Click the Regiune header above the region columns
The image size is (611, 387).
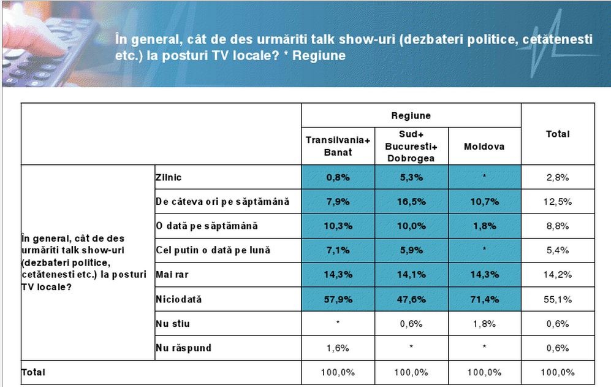pos(411,115)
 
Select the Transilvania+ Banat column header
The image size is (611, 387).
pos(338,146)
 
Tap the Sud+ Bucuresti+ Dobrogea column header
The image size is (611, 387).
pos(411,146)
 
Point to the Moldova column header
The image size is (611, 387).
pos(484,147)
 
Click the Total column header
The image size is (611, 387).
pos(558,134)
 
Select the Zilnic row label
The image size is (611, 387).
pos(169,177)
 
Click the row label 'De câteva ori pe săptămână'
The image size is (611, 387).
pos(222,202)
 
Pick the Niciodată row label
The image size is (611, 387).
pos(179,299)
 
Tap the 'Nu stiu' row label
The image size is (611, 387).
pos(173,323)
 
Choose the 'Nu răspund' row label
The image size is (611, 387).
pos(183,348)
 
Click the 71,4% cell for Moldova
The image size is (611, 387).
pos(484,299)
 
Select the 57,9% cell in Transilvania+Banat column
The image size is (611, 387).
pos(338,299)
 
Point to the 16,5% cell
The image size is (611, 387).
pos(411,202)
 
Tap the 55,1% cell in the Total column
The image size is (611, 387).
pos(558,299)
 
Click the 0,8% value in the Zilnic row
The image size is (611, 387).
pos(338,177)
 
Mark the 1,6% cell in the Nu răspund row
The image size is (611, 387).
pos(338,348)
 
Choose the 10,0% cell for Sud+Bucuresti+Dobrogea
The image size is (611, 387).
pos(411,226)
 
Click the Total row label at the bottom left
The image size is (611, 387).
pos(34,372)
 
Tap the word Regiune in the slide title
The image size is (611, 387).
pos(319,55)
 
